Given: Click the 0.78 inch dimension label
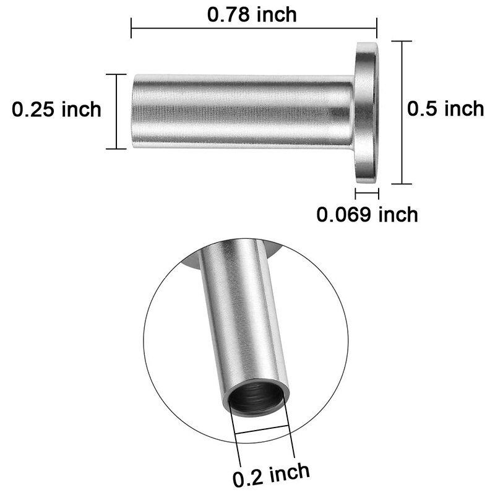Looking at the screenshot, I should click(x=252, y=14).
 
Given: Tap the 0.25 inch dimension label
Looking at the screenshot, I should click(x=57, y=110).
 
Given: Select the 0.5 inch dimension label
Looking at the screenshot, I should click(x=445, y=108).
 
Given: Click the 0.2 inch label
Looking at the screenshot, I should click(x=271, y=475).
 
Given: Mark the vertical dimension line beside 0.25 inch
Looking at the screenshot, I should click(x=116, y=111).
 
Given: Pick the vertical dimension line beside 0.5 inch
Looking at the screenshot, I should click(x=403, y=112).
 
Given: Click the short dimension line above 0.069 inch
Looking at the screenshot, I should click(x=366, y=192).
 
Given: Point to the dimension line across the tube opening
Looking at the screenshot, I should click(x=260, y=431).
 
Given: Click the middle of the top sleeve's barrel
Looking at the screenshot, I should click(x=241, y=111).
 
